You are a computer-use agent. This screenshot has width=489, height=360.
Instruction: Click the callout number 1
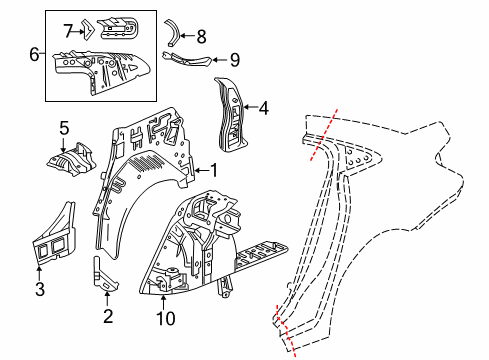[x=212, y=170]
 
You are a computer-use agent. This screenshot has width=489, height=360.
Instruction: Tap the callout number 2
[x=108, y=317]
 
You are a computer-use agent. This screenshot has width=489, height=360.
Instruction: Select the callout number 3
[x=39, y=291]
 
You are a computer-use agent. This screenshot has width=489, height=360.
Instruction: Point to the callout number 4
[x=264, y=108]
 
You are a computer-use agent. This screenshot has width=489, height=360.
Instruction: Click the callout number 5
[x=64, y=127]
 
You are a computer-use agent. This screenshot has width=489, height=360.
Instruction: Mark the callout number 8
[x=202, y=36]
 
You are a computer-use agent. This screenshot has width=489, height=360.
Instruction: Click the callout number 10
[x=166, y=318]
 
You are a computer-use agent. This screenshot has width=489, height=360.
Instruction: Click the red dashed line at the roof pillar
[x=328, y=130]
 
